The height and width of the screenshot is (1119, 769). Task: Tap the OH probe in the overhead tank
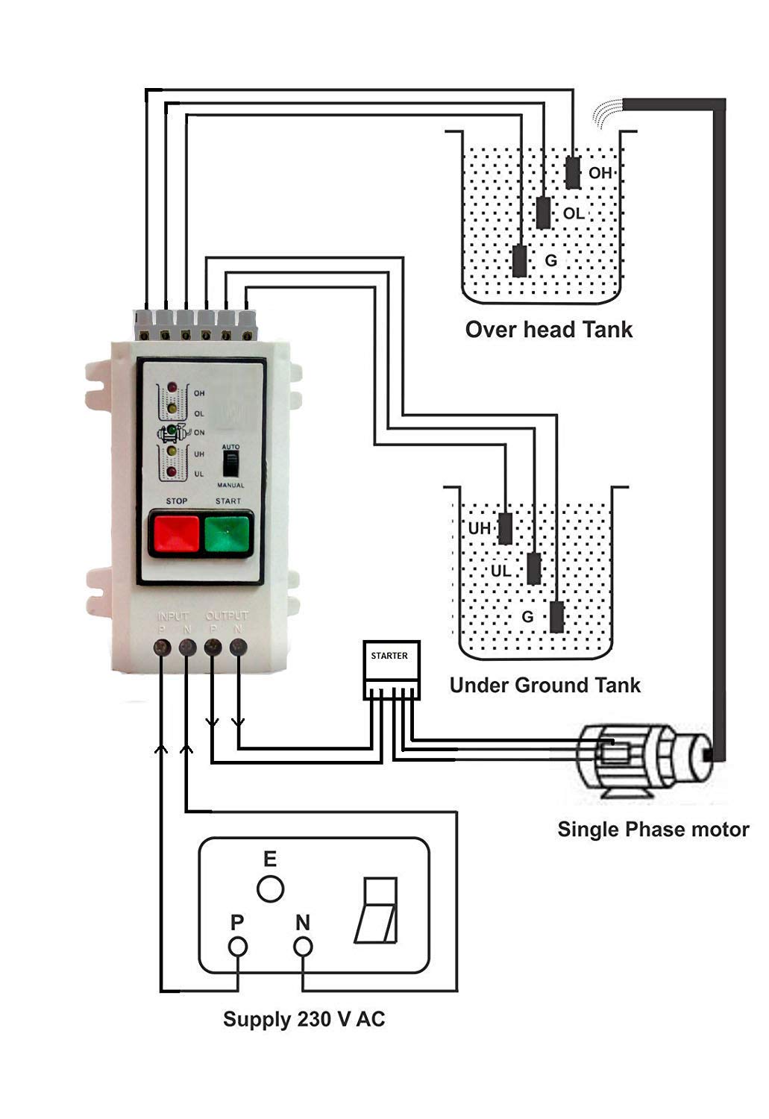(572, 173)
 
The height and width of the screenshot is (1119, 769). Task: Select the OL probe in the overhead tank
(544, 213)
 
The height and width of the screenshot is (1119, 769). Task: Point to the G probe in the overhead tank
(520, 260)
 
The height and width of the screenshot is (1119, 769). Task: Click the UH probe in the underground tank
(506, 528)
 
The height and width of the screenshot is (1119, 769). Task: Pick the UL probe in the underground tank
(534, 568)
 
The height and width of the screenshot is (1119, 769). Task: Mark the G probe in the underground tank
(557, 616)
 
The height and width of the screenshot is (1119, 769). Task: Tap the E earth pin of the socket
(270, 889)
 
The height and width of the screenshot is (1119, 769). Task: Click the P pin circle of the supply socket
(238, 947)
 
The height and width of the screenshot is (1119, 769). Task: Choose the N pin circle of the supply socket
(302, 947)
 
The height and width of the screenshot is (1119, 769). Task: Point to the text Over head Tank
(548, 329)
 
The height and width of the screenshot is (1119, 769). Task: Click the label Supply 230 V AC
(304, 1019)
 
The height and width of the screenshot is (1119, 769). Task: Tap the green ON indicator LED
(172, 431)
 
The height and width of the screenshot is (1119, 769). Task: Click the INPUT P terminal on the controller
(162, 647)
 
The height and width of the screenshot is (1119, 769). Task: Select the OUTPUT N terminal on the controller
(238, 647)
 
